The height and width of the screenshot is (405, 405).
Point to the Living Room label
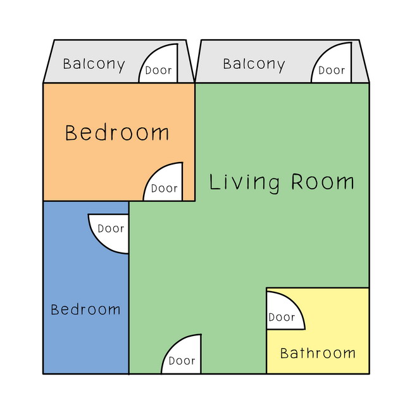pos(281,183)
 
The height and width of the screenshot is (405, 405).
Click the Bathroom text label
pos(318,353)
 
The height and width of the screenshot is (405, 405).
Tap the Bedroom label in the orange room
pos(117,133)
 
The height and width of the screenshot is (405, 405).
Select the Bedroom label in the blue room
pos(86,309)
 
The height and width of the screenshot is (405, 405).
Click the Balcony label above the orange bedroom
pos(94,65)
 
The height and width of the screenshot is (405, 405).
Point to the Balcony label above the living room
pos(254,65)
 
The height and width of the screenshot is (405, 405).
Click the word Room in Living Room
pos(323,182)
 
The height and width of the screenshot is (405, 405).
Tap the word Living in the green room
pos(244,183)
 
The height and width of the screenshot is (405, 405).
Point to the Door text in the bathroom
pos(282,317)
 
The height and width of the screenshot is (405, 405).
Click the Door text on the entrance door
pos(182,361)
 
